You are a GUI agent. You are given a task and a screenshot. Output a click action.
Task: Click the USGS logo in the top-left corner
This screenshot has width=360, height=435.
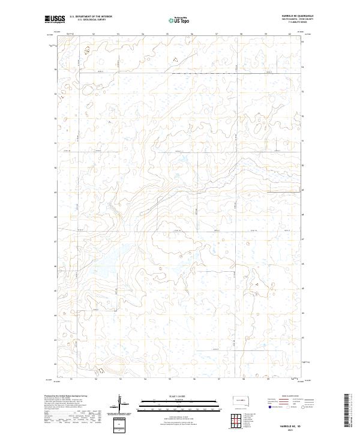(x=53, y=19)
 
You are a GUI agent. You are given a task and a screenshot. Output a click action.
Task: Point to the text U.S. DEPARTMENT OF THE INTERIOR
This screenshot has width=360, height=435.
(x=91, y=16)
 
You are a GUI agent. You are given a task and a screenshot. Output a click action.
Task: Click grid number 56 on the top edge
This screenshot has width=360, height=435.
(x=191, y=34)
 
